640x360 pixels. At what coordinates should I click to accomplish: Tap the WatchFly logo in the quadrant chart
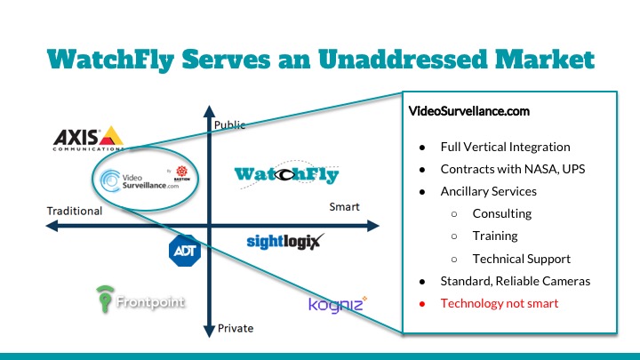pos(287,174)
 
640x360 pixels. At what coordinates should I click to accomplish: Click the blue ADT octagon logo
pos(184,250)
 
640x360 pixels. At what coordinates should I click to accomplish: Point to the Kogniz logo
pos(337,304)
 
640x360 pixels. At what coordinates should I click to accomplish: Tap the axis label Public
pos(230,125)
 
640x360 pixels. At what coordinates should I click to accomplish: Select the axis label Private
pos(236,328)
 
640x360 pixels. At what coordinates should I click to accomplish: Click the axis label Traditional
pos(75,212)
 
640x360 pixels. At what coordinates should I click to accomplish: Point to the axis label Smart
pos(344,207)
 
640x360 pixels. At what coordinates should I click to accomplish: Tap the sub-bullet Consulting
pos(502,213)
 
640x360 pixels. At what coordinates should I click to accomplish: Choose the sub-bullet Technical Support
pos(521,259)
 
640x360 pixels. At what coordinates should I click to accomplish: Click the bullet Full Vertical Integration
pos(505,147)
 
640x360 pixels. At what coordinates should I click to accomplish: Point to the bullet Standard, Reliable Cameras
pos(516,281)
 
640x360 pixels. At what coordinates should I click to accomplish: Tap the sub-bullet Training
pos(495,236)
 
